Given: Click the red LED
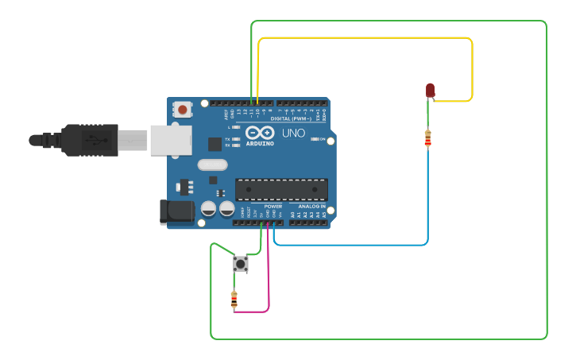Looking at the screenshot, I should (430, 90).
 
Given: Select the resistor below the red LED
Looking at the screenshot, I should (428, 138).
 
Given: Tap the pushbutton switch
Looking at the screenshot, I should (241, 264).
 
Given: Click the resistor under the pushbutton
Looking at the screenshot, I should (234, 300).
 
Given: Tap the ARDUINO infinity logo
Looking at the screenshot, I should (260, 133).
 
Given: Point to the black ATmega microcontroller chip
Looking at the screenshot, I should (281, 189).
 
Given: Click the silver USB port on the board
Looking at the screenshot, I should (171, 140).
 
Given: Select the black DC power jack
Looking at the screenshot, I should (176, 211).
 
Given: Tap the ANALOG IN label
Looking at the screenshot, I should (307, 206).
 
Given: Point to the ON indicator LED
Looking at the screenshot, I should (315, 139).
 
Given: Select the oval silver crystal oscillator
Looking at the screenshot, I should (212, 165).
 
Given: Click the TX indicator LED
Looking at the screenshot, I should (236, 138).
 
